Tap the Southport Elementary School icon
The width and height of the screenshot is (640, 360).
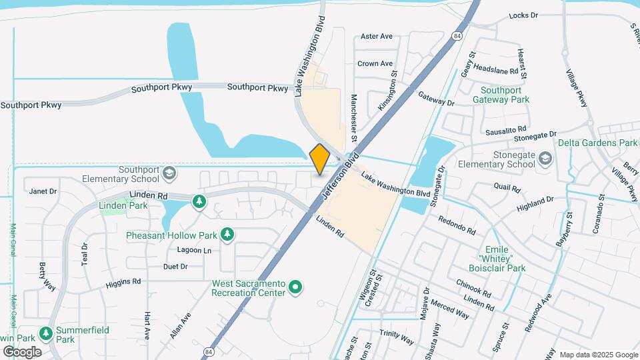(x=169, y=173)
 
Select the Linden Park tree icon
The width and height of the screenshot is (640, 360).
(x=198, y=201)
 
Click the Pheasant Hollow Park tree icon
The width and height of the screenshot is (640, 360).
(x=228, y=234)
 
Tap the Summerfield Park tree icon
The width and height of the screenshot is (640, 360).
(x=46, y=333)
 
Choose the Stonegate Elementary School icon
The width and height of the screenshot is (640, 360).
(x=546, y=157)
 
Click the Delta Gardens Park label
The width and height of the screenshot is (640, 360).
(x=598, y=143)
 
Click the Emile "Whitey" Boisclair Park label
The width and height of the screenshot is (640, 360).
(x=501, y=258)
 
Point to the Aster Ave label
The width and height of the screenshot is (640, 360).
(x=377, y=37)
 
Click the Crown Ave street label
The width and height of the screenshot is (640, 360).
(x=375, y=64)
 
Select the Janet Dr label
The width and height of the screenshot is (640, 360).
(x=43, y=191)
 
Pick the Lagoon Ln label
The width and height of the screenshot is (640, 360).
(x=193, y=251)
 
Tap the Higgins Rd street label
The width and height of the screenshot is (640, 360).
(x=123, y=283)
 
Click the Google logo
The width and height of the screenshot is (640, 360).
(x=22, y=351)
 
